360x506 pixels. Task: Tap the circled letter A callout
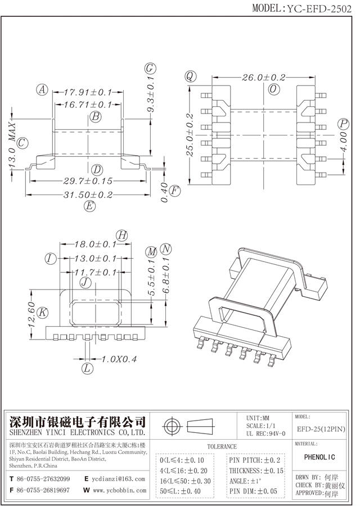pyautogui.click(x=42, y=89)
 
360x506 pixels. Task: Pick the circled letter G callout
pyautogui.click(x=150, y=69)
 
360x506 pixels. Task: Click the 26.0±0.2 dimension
pyautogui.click(x=264, y=78)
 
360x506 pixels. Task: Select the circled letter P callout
pyautogui.click(x=343, y=124)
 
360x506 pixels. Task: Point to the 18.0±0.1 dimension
pyautogui.click(x=96, y=245)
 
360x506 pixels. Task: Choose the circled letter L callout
pyautogui.click(x=87, y=369)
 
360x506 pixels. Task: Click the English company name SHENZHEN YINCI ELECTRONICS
pyautogui.click(x=78, y=433)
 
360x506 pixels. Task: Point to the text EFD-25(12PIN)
pyautogui.click(x=321, y=429)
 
